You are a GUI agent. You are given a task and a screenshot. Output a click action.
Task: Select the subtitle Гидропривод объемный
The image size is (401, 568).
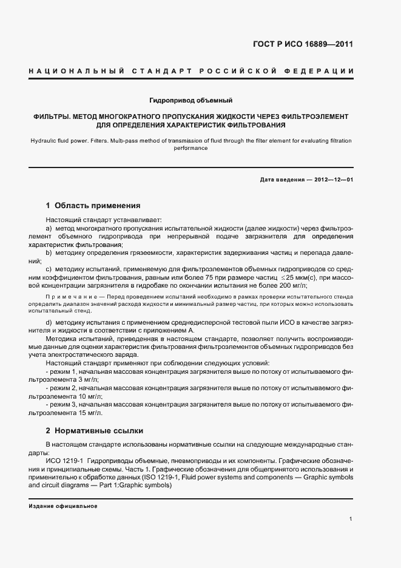click(191, 100)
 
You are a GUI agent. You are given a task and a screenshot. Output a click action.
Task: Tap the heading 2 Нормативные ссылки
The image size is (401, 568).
click(95, 431)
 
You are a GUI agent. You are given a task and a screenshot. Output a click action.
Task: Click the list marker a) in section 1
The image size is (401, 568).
click(49, 227)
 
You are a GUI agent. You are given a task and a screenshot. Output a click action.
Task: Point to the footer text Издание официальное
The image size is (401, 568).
click(59, 506)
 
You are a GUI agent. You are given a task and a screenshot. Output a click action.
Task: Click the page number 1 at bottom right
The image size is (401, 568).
click(351, 519)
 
